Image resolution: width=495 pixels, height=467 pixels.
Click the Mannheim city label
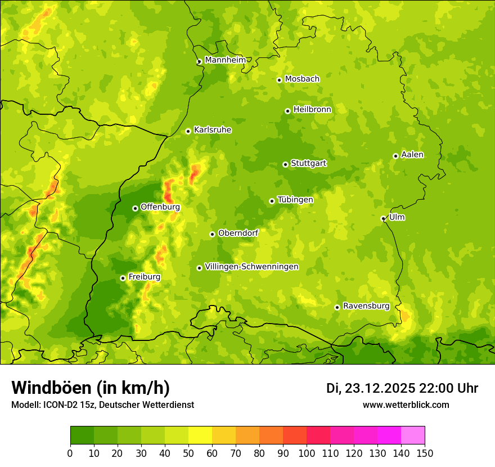[225, 60]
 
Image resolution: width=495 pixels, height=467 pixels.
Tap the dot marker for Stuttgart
[285, 164]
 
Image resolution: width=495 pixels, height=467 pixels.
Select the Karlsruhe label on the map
[213, 130]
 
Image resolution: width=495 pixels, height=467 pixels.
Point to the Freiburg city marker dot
[123, 278]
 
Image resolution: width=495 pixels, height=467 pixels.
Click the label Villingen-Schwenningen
[251, 267]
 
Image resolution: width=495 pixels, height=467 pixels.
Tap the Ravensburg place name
[366, 306]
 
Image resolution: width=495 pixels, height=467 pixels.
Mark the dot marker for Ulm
[383, 218]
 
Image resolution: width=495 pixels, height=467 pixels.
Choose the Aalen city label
[412, 155]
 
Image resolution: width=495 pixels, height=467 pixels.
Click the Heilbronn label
[312, 110]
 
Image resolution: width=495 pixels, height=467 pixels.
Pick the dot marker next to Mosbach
[279, 80]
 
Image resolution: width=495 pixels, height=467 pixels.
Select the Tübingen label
[295, 200]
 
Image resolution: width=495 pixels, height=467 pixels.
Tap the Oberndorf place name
[238, 233]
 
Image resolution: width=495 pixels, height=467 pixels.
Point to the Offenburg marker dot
[135, 208]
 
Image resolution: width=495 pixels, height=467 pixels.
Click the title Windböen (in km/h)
[91, 388]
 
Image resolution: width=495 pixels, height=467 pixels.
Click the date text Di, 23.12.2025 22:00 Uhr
[402, 388]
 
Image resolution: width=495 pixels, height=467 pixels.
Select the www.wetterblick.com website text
[406, 405]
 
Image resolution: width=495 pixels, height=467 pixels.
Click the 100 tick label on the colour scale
[306, 453]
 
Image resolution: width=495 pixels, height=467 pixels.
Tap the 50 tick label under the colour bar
[188, 453]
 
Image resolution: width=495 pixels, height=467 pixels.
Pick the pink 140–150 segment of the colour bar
[412, 435]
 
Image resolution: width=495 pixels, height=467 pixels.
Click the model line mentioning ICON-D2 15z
[102, 405]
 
